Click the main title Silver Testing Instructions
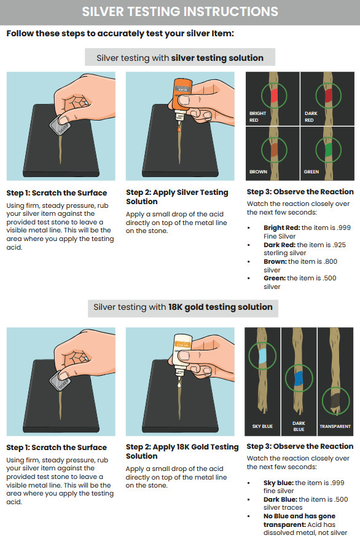coord(180,11)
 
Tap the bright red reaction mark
coord(272,93)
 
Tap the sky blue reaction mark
coord(262,357)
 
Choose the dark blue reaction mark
coord(299,377)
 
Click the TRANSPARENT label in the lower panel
coord(335,426)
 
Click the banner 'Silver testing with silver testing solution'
coord(180,58)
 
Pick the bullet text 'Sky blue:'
coord(278,483)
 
